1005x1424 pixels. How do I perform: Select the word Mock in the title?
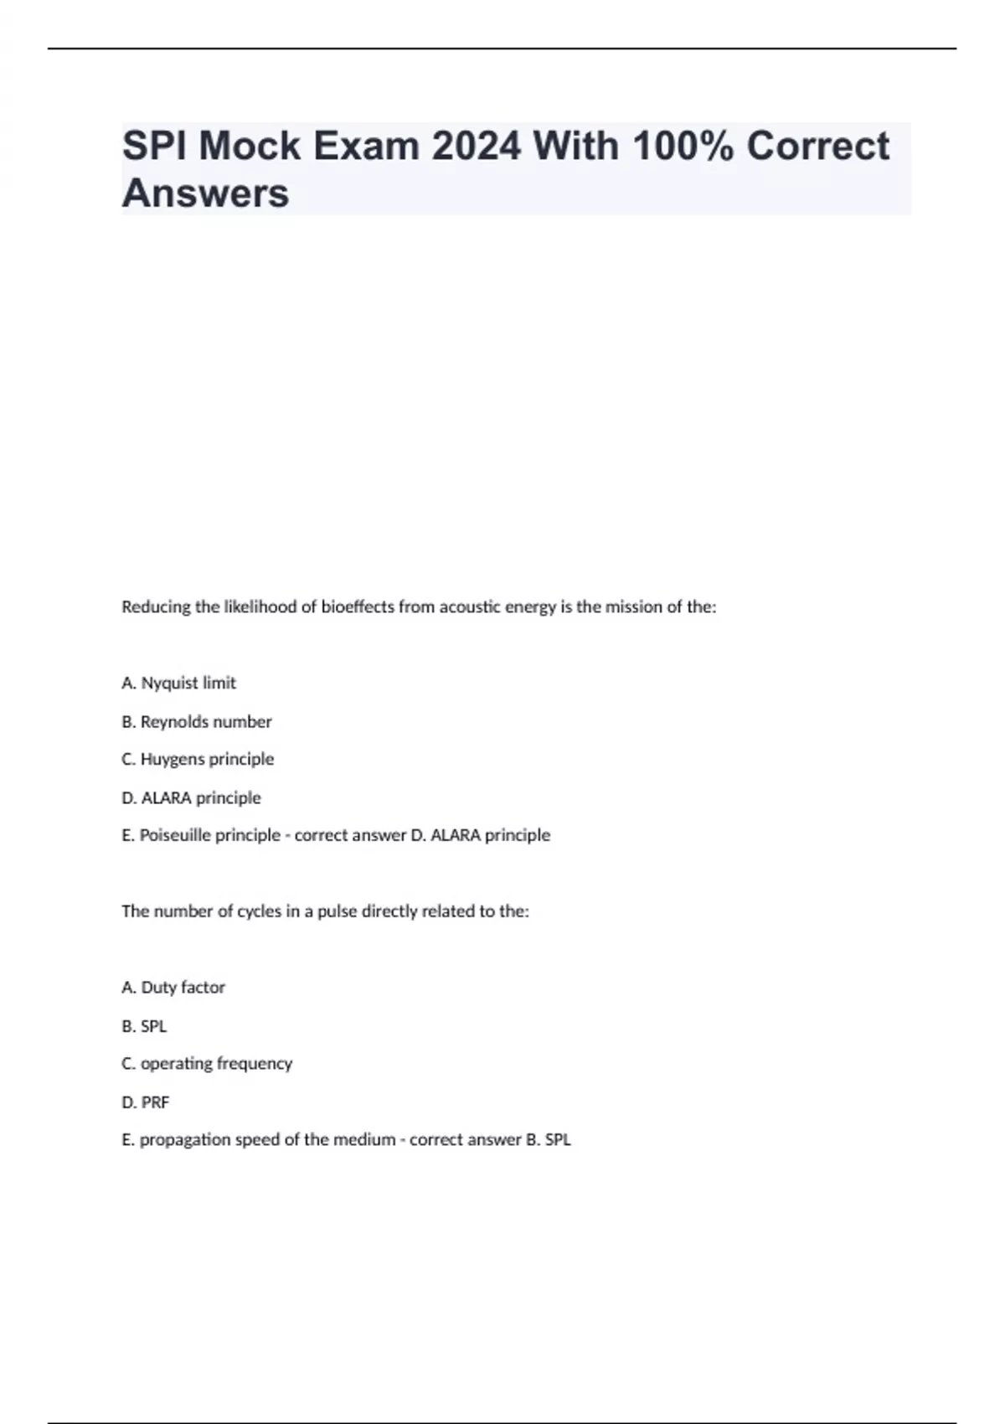click(x=249, y=146)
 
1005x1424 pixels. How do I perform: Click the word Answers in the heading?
click(x=205, y=193)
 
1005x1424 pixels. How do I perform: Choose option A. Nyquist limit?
click(x=178, y=684)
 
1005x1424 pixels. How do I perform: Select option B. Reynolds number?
click(x=197, y=722)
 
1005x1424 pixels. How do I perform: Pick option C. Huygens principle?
click(x=198, y=760)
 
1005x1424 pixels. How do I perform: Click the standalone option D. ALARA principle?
click(x=191, y=798)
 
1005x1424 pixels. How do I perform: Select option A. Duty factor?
click(x=173, y=988)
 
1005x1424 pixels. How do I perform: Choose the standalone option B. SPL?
click(x=144, y=1026)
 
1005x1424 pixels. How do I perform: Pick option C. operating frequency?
click(x=207, y=1064)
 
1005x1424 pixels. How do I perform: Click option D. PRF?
click(x=146, y=1102)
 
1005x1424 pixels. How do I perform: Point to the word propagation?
click(x=178, y=1140)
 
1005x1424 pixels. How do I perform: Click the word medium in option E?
click(x=364, y=1140)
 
